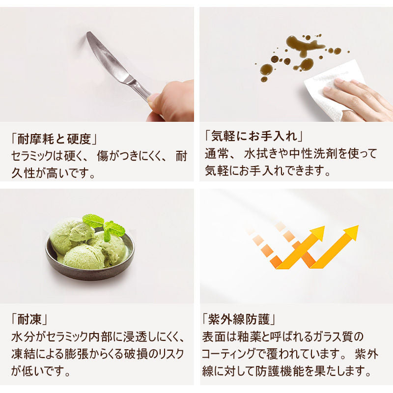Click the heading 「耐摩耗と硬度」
tap(54, 139)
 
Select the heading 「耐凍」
tap(29, 319)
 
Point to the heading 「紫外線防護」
tap(239, 319)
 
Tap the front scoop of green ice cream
tap(84, 256)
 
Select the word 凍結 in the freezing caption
tap(23, 354)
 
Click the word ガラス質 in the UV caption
tap(328, 337)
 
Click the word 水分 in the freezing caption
tap(23, 337)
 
